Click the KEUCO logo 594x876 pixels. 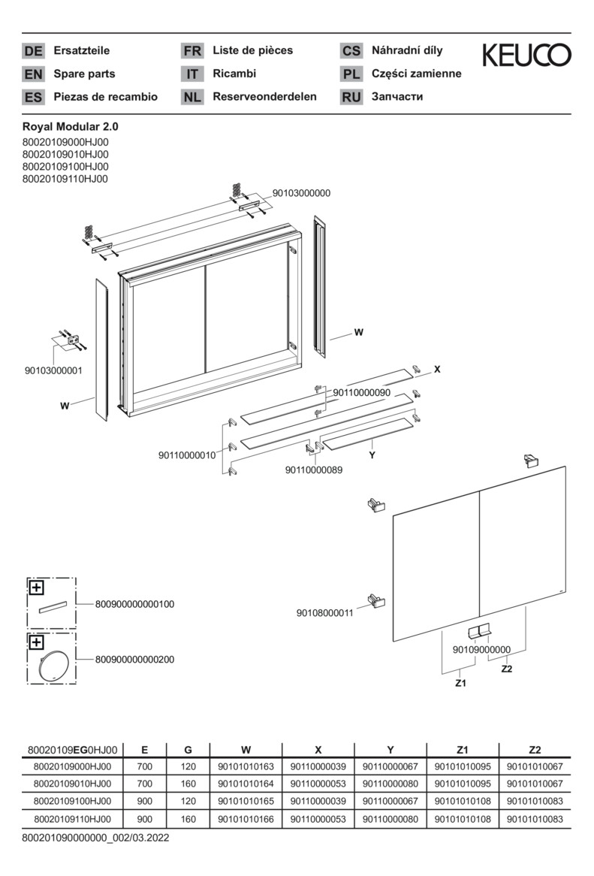coord(526,55)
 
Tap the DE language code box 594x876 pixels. coord(33,51)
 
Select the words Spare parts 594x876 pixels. coord(84,74)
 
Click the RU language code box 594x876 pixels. coord(351,97)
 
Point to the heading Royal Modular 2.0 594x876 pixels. coord(70,127)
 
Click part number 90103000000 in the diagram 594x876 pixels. coord(301,193)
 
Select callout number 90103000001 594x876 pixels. coord(53,370)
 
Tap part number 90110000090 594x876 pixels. coord(361,392)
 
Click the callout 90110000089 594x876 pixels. coord(314,470)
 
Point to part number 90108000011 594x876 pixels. coord(324,613)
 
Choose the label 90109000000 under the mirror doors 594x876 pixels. coord(481,649)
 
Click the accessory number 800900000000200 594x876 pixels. coord(134,660)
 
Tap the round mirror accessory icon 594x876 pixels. coord(53,666)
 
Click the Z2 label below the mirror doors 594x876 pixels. coord(506,669)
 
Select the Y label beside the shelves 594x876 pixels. coord(372,455)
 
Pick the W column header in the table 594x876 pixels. coord(246,749)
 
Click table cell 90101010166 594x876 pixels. coord(246,819)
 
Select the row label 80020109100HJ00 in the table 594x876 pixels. coord(72,802)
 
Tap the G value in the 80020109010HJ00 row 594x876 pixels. coord(188,784)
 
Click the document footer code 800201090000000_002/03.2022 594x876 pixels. coord(95,837)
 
